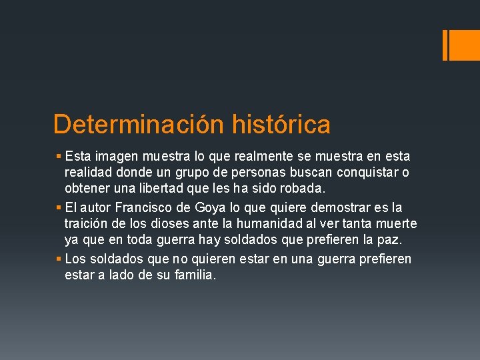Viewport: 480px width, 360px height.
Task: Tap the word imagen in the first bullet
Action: click(x=116, y=157)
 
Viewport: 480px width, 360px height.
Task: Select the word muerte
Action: click(x=396, y=223)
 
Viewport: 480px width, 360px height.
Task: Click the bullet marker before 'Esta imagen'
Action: click(x=59, y=157)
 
